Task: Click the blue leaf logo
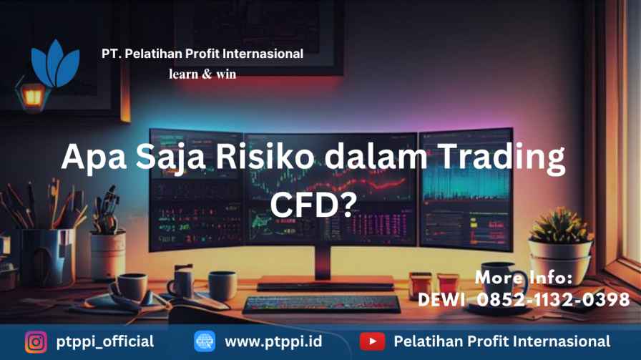pos(55,64)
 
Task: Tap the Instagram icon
pos(36,341)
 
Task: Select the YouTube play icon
pos(372,341)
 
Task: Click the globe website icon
pos(205,341)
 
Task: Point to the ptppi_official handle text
pos(105,342)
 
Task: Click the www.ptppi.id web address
pos(273,342)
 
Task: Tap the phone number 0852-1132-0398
pos(553,300)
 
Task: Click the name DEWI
pos(441,300)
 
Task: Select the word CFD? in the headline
pos(313,205)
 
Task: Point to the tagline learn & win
pos(202,74)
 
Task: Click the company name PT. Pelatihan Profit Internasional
pos(202,54)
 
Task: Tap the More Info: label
pos(524,278)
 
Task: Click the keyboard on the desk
pos(322,304)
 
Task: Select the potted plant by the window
pos(561,241)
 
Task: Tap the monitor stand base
pos(326,283)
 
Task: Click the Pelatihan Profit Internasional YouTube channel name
pos(502,341)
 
